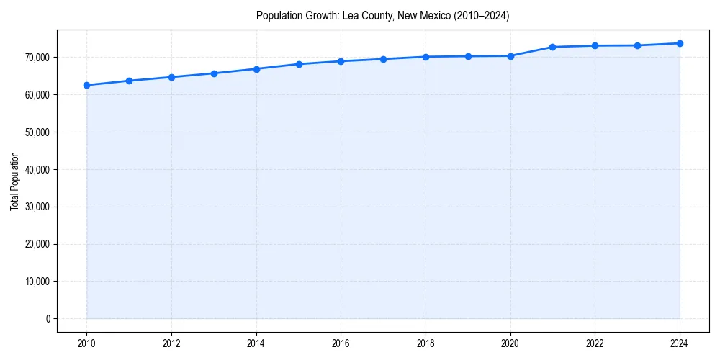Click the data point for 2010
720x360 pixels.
(x=86, y=85)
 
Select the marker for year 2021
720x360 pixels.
(x=552, y=47)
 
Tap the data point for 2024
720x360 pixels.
(x=680, y=43)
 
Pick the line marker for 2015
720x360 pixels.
(x=299, y=64)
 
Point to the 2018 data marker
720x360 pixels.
(x=426, y=57)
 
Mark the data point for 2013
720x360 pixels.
(x=214, y=73)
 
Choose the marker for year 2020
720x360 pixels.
(x=510, y=55)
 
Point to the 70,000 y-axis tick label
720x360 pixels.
(x=37, y=58)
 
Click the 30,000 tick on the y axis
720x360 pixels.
(x=37, y=207)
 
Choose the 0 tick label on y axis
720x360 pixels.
(x=48, y=319)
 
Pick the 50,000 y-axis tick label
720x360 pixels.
(x=37, y=132)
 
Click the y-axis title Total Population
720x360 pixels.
(x=14, y=181)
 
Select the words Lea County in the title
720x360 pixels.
(x=366, y=16)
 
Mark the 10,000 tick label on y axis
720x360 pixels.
(x=37, y=282)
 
